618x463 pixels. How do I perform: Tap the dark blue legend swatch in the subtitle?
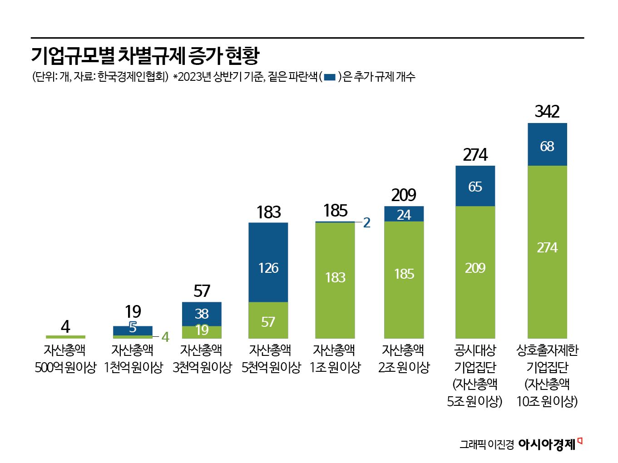coord(330,77)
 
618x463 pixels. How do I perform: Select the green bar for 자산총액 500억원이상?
coord(65,337)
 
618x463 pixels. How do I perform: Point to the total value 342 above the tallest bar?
coord(547,112)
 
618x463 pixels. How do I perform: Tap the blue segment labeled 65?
coord(475,186)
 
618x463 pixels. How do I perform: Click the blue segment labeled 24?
coord(404,214)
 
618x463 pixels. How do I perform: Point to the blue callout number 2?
coord(367,223)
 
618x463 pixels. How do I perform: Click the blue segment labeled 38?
coord(202,314)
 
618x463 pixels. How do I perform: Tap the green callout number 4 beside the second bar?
coord(165,337)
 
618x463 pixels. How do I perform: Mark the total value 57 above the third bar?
coord(202,291)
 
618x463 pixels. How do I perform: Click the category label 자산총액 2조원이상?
coord(404,359)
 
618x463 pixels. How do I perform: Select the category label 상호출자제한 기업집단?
coord(547,359)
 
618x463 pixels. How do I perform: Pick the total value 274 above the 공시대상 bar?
coord(475,155)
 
